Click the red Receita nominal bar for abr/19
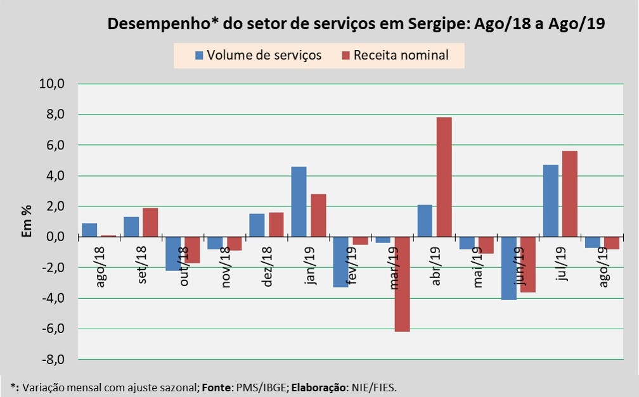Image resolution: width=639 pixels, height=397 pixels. [444, 177]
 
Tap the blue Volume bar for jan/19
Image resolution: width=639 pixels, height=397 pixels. [299, 201]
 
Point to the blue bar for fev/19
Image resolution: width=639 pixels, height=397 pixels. [340, 262]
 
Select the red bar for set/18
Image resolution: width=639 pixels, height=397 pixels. [150, 222]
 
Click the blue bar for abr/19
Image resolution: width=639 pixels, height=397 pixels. [424, 221]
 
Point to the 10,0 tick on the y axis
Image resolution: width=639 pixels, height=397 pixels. [53, 84]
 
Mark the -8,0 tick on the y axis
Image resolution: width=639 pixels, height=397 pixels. [53, 360]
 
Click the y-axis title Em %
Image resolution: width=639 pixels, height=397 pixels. [27, 222]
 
